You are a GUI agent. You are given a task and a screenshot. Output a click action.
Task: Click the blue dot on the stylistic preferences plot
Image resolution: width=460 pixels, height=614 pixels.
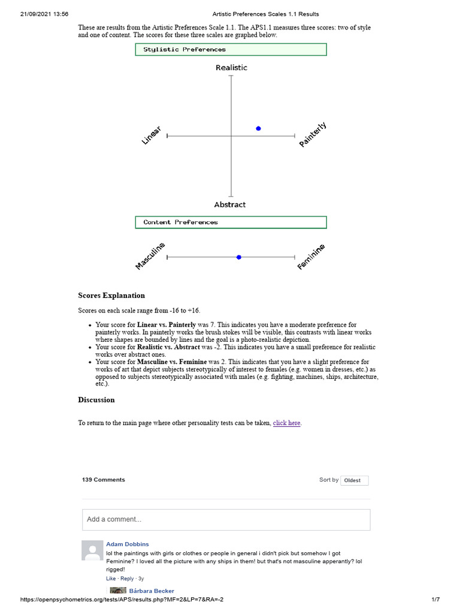(x=258, y=128)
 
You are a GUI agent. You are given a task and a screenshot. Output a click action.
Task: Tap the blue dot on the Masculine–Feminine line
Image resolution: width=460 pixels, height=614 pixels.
(x=239, y=257)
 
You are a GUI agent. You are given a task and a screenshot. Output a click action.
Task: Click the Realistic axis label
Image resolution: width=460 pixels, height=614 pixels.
(x=231, y=68)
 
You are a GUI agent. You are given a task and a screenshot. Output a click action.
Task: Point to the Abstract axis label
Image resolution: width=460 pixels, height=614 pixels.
(x=230, y=204)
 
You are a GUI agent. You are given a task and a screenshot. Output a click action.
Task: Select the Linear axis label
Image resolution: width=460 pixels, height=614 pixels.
(x=151, y=135)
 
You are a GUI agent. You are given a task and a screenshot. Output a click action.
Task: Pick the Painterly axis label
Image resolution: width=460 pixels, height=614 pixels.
(x=313, y=135)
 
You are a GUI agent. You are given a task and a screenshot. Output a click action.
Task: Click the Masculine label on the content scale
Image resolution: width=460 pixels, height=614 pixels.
(x=150, y=257)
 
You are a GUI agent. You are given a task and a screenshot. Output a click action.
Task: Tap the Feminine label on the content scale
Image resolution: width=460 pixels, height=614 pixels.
(x=311, y=257)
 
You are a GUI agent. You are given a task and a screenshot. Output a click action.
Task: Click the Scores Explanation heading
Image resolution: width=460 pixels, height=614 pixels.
(x=111, y=296)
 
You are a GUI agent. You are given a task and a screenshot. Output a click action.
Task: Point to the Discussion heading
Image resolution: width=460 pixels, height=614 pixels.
(x=96, y=400)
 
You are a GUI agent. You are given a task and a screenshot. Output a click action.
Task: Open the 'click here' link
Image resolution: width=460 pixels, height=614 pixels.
(x=287, y=423)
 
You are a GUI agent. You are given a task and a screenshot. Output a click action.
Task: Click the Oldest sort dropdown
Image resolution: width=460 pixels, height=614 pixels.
(x=354, y=480)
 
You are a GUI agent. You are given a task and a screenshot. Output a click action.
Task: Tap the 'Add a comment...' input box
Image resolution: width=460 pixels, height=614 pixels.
(x=226, y=519)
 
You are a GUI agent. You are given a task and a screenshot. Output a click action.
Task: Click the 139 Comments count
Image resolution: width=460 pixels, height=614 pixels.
(x=104, y=480)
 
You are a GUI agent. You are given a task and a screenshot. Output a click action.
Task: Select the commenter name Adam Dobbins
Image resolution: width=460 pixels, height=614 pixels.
(x=128, y=544)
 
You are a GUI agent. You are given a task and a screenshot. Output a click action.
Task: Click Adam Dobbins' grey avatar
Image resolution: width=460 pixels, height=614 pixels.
(x=92, y=550)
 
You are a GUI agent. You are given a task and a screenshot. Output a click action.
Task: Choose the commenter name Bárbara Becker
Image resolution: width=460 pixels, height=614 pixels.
(x=152, y=591)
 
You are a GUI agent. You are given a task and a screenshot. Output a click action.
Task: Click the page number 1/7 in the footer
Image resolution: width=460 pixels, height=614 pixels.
(x=435, y=600)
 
